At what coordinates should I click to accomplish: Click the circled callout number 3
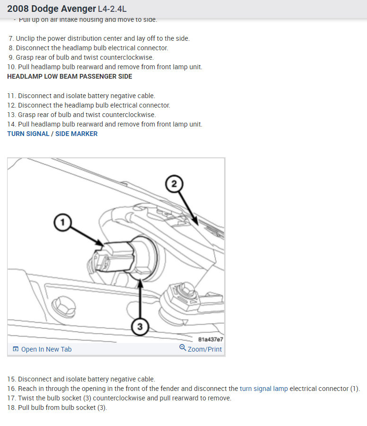pyautogui.click(x=140, y=326)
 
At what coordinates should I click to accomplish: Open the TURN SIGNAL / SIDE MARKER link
pyautogui.click(x=52, y=134)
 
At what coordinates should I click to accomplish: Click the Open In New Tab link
pyautogui.click(x=46, y=349)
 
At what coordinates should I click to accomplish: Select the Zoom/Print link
pyautogui.click(x=204, y=349)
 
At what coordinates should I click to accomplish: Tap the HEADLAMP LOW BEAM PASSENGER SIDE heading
pyautogui.click(x=70, y=76)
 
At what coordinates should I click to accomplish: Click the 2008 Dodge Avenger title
pyautogui.click(x=51, y=9)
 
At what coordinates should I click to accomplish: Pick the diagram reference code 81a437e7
pyautogui.click(x=210, y=339)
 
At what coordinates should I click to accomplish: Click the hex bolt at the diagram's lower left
pyautogui.click(x=62, y=302)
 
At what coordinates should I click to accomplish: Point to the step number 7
pyautogui.click(x=11, y=38)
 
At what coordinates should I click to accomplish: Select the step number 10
pyautogui.click(x=11, y=67)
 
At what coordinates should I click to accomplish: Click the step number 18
pyautogui.click(x=11, y=408)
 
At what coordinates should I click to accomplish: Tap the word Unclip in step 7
pyautogui.click(x=26, y=38)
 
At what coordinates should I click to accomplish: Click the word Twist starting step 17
pyautogui.click(x=26, y=398)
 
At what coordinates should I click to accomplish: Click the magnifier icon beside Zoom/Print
pyautogui.click(x=183, y=348)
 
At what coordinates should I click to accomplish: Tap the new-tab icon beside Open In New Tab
pyautogui.click(x=16, y=349)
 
